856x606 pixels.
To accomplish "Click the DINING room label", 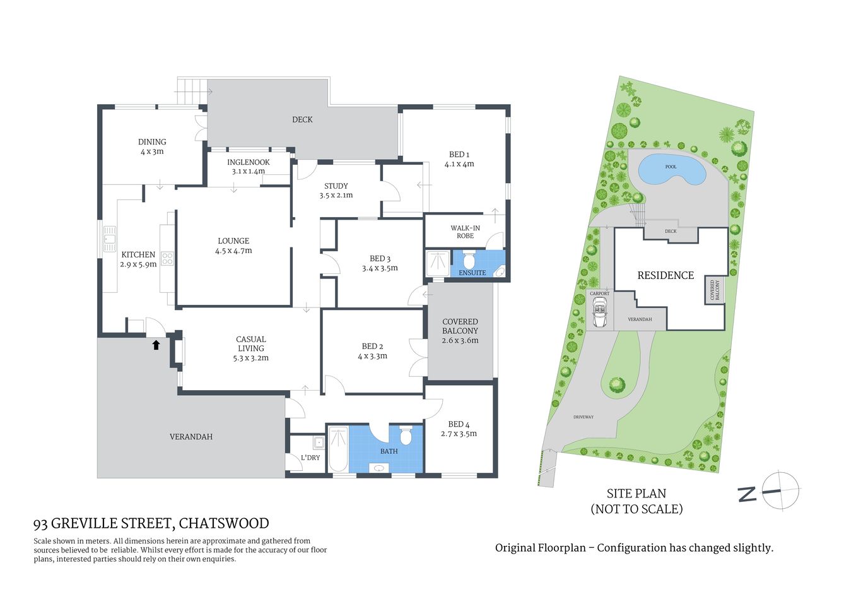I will [152, 146].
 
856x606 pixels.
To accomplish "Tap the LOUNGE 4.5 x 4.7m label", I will [233, 246].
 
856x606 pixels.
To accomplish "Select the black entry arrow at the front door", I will [156, 345].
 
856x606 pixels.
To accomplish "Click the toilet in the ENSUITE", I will [469, 260].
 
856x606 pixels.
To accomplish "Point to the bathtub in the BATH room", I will [338, 449].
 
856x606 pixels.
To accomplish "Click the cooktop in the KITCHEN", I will [167, 258].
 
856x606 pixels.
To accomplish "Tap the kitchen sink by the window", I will [110, 239].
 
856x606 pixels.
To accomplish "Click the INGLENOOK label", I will [249, 167].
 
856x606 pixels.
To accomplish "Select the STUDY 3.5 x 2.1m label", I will [336, 191].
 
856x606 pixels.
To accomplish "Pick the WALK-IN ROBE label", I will [465, 232].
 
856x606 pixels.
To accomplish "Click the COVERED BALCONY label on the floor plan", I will [460, 331].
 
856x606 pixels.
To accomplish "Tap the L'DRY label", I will [310, 458].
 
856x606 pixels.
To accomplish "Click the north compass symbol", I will [780, 490].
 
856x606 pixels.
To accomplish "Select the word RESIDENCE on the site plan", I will [665, 276].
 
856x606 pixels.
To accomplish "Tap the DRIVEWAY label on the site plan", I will [583, 417].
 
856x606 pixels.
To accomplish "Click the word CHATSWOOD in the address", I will [224, 523].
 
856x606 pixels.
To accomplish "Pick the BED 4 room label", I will [459, 429].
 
